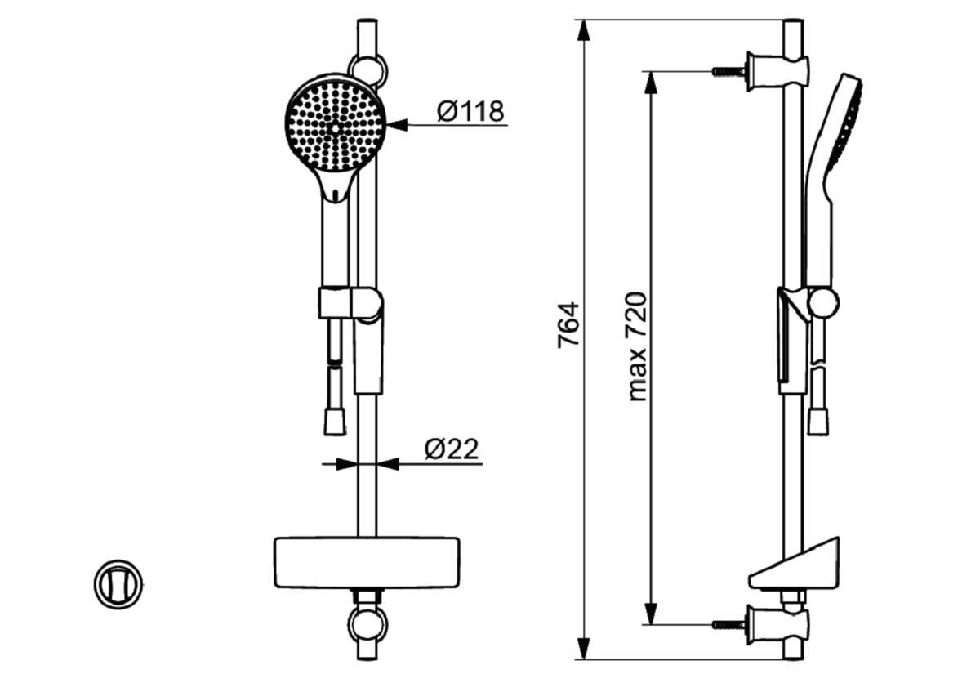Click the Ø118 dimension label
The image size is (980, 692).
[x=470, y=111]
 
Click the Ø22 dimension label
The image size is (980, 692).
[x=452, y=449]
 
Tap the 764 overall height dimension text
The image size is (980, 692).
[x=568, y=325]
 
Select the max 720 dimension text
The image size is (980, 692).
[x=637, y=346]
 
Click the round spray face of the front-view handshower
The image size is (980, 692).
[x=335, y=127]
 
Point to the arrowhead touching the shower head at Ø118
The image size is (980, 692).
[x=397, y=125]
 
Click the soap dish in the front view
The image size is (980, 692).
[x=367, y=562]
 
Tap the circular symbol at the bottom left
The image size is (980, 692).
[x=118, y=584]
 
